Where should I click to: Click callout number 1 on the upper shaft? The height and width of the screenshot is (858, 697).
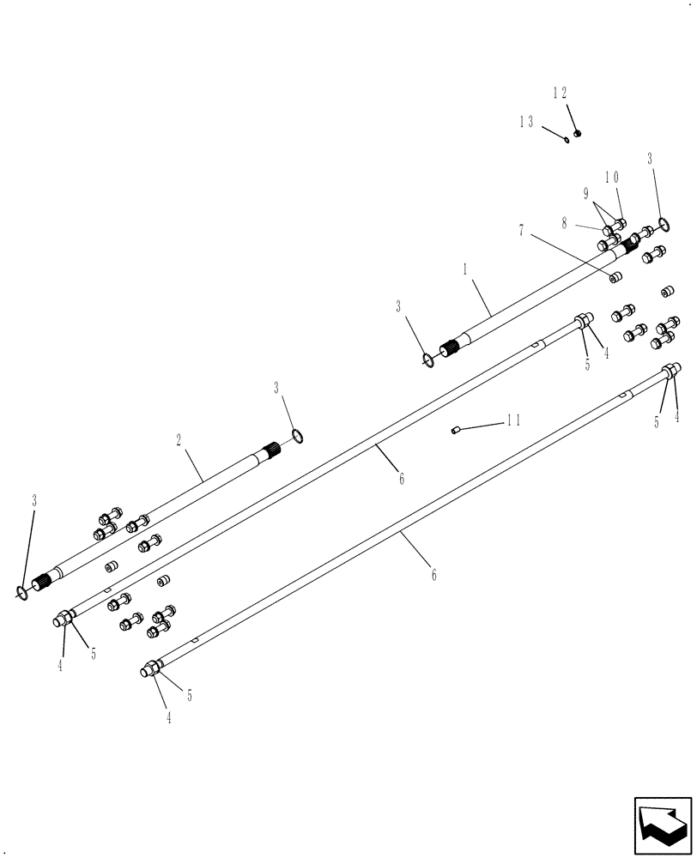coord(464,269)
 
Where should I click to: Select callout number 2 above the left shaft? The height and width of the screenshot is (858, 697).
coord(178,440)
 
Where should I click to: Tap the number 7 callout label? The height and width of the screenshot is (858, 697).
coord(520,229)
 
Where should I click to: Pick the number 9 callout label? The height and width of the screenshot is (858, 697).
coord(587,192)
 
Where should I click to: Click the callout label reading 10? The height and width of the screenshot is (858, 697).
coord(612,178)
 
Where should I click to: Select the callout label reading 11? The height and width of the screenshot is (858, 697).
coord(513,421)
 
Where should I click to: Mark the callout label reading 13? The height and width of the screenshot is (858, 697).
coord(526,122)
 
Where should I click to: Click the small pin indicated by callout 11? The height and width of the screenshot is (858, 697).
coord(458,431)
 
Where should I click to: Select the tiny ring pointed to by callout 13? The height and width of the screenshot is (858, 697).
coord(567,140)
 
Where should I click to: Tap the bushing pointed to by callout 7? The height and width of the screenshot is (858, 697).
coord(615,277)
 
